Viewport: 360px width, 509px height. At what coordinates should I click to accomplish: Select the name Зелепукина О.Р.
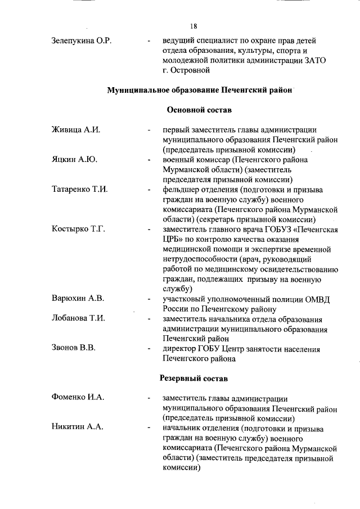(80, 40)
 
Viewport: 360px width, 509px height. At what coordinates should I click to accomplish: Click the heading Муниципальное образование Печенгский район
(200, 90)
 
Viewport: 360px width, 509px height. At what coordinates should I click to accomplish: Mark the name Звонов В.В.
(73, 349)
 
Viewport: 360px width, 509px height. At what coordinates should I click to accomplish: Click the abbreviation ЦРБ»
(173, 239)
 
